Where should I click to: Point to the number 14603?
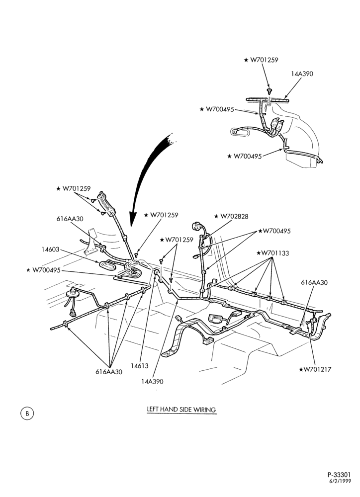[x=50, y=249]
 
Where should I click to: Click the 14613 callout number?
[x=140, y=365]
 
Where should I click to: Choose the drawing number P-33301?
[x=339, y=484]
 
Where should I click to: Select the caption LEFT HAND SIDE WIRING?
[x=181, y=409]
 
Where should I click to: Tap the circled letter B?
[x=27, y=414]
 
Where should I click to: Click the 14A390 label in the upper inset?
[x=302, y=74]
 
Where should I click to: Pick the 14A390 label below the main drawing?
[x=152, y=381]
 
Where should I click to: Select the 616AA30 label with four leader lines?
[x=109, y=372]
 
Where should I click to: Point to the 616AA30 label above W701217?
[x=314, y=282]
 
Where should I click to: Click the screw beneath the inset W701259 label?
[x=270, y=91]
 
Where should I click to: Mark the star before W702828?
[x=216, y=217]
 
